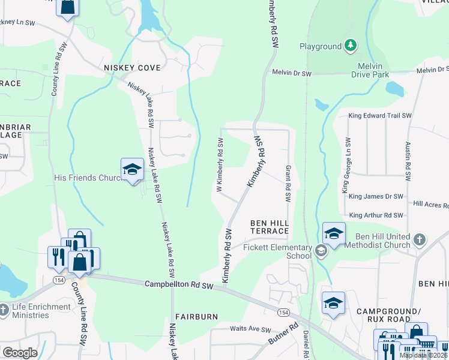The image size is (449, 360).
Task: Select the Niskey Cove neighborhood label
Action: click(132, 68)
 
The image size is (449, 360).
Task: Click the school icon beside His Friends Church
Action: click(132, 170)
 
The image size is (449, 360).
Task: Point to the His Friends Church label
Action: click(88, 178)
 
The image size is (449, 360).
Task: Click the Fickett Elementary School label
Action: click(278, 251)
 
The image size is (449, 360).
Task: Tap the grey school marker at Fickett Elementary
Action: click(321, 251)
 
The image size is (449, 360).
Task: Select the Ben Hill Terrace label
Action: click(270, 227)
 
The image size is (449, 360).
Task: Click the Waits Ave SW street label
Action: click(251, 329)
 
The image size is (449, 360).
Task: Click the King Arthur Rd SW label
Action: click(375, 215)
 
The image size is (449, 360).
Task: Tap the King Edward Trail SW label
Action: click(380, 115)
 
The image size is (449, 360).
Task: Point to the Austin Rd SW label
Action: click(408, 162)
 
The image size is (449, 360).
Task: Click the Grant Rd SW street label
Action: click(289, 184)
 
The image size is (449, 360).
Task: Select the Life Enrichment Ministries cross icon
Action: click(4, 310)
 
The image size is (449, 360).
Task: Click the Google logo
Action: click(20, 353)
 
